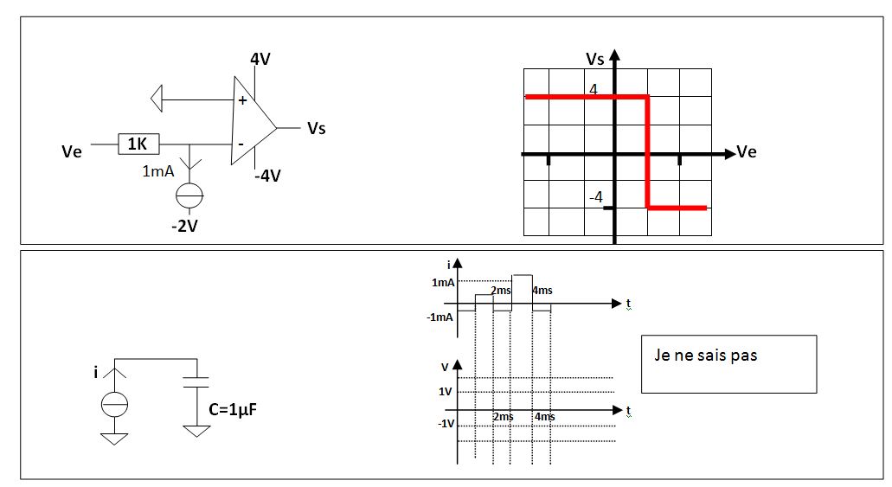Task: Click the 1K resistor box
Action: pyautogui.click(x=137, y=144)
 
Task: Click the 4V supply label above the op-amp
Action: pyautogui.click(x=260, y=60)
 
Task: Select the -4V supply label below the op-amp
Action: pyautogui.click(x=267, y=176)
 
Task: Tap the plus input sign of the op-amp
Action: pyautogui.click(x=241, y=100)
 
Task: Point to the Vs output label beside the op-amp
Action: pyautogui.click(x=316, y=129)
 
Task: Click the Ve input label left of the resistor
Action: pyautogui.click(x=72, y=151)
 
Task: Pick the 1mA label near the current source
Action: pyautogui.click(x=158, y=171)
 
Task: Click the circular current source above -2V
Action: pyautogui.click(x=189, y=196)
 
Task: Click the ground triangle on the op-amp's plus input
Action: pyautogui.click(x=157, y=99)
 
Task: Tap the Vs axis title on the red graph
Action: pyautogui.click(x=595, y=59)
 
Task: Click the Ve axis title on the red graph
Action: pyautogui.click(x=747, y=152)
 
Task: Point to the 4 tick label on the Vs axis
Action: pyautogui.click(x=594, y=88)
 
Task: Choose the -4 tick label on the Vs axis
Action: pyautogui.click(x=596, y=197)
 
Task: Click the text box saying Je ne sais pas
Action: pyautogui.click(x=728, y=363)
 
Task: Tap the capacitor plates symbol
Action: pyautogui.click(x=197, y=384)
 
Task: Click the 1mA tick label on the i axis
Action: pyautogui.click(x=444, y=282)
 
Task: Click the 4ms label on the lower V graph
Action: pyautogui.click(x=544, y=417)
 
